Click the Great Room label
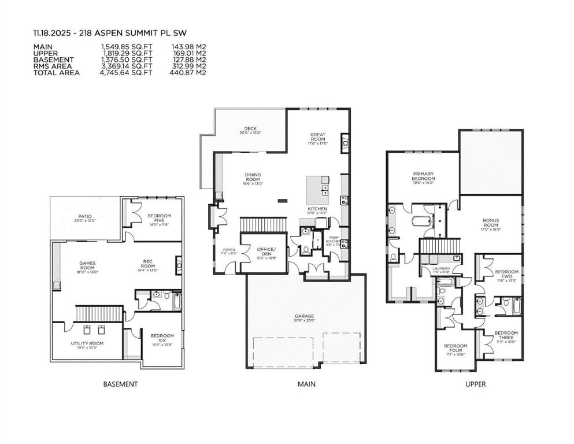coord(317,136)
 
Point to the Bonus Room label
coord(491,223)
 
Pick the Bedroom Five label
coord(159,218)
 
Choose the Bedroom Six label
coord(162,338)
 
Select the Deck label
coord(250,130)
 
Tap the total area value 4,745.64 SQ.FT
coord(126,73)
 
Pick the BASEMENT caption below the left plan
coord(120,384)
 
